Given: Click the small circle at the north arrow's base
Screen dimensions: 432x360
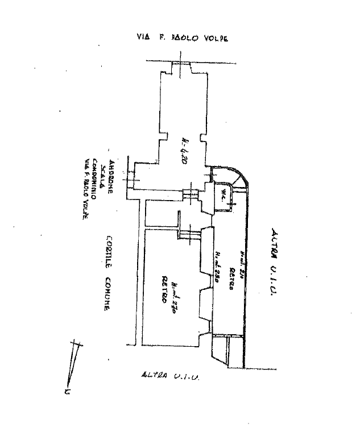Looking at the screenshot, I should click(x=66, y=392).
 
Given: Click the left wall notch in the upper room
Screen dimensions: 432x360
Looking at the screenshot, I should click(x=164, y=137).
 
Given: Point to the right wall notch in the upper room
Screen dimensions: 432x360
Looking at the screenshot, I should click(x=202, y=136).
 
